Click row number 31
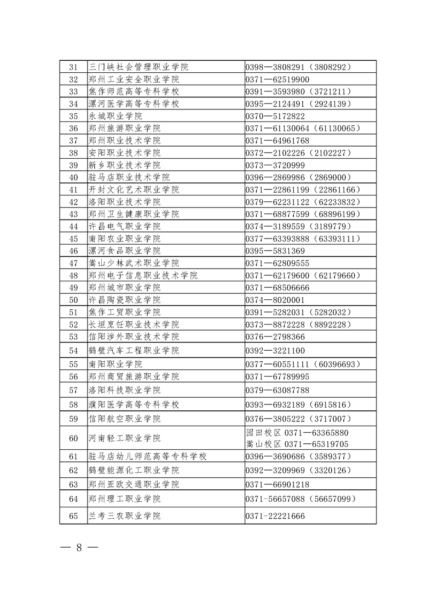click(x=73, y=67)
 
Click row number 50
click(x=73, y=300)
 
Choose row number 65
click(x=73, y=515)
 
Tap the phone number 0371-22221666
click(x=275, y=515)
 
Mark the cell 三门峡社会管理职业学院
click(x=138, y=67)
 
